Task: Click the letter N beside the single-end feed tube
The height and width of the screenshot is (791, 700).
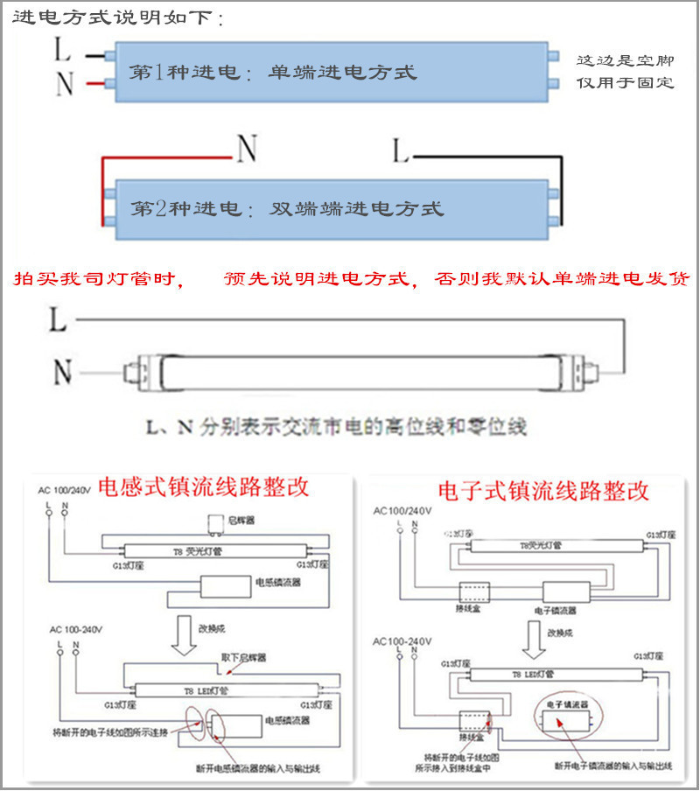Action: coord(64,83)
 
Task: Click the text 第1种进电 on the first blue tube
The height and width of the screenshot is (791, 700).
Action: coord(183,72)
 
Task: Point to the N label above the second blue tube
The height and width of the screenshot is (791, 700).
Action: coord(247,150)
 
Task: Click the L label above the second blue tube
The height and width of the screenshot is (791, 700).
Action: coord(400,151)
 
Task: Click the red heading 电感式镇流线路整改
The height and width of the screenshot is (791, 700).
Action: coord(203,487)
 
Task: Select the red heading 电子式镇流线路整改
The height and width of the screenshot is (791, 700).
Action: coord(544,490)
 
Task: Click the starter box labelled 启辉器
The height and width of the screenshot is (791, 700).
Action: coord(213,524)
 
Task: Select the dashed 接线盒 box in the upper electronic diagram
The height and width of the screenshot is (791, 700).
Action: coord(472,591)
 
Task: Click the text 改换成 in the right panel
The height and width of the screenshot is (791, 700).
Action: coord(561,632)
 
